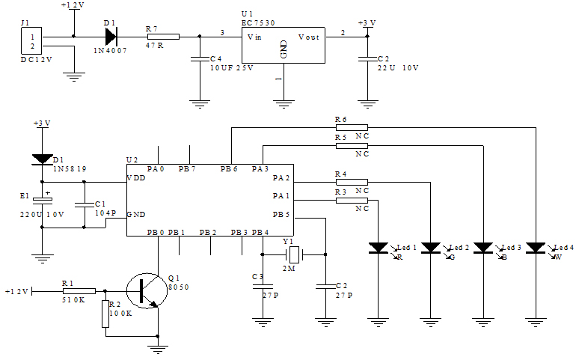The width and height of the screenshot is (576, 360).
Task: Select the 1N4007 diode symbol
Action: pyautogui.click(x=110, y=36)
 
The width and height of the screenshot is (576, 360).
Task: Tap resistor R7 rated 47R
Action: pyautogui.click(x=163, y=36)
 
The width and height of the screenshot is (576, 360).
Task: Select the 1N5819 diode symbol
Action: pyautogui.click(x=43, y=159)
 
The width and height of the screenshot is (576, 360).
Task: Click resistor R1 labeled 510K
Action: pyautogui.click(x=79, y=290)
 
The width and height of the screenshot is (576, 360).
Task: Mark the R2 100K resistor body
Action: pyautogui.click(x=105, y=315)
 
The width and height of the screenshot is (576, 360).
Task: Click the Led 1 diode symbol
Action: pyautogui.click(x=379, y=247)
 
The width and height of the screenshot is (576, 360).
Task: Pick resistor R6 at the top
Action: pyautogui.click(x=352, y=127)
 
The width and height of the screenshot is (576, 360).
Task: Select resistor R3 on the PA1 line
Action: pyautogui.click(x=352, y=200)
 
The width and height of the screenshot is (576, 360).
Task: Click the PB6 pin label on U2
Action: pyautogui.click(x=229, y=169)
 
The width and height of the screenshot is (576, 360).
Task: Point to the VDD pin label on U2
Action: pyautogui.click(x=137, y=178)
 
